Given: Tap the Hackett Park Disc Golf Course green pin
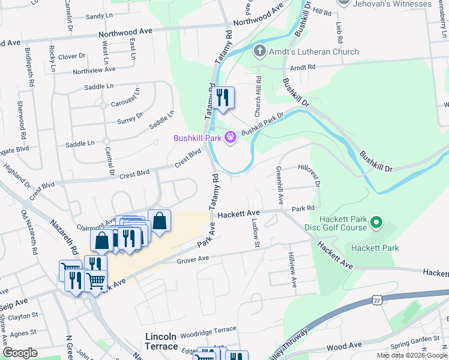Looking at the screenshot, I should (376, 223).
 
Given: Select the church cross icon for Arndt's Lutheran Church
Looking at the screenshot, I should (260, 52).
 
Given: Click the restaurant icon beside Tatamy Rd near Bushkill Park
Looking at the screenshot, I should (223, 98).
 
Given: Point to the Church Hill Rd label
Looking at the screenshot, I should (258, 96).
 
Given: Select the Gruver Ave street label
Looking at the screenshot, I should (193, 259).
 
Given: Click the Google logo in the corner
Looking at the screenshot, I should (20, 352).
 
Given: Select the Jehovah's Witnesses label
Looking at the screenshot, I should (393, 4).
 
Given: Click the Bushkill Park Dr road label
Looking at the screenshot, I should (263, 124).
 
